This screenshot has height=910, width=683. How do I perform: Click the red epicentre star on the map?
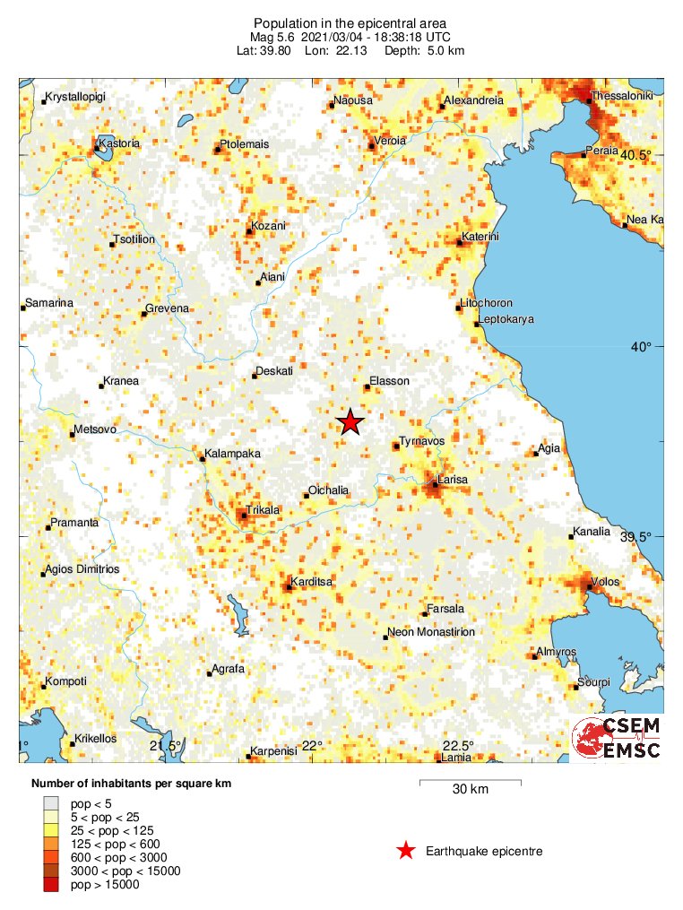click(x=350, y=422)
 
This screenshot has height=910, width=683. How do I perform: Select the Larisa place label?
click(x=454, y=481)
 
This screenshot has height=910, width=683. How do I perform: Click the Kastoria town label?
click(x=121, y=143)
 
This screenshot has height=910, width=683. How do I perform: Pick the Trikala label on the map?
click(x=264, y=510)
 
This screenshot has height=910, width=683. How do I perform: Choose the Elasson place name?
click(x=390, y=381)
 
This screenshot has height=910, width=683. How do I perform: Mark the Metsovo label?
click(x=95, y=429)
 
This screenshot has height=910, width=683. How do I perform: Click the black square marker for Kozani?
click(x=249, y=232)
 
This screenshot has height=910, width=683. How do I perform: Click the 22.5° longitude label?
click(x=458, y=746)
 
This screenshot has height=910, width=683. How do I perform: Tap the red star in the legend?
click(x=406, y=851)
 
